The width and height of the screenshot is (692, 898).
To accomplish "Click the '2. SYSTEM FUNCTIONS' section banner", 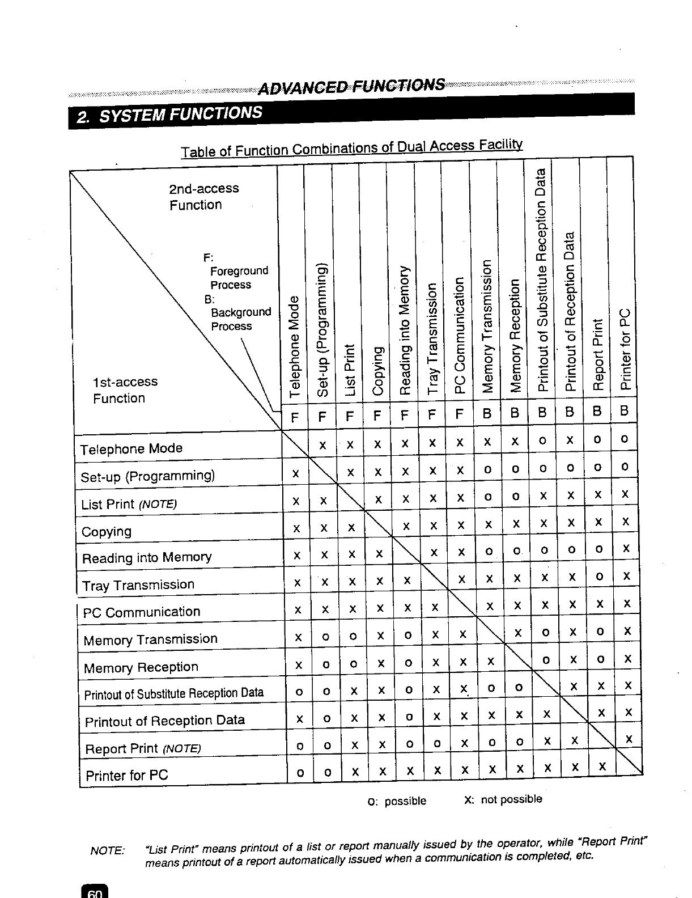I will click(170, 113).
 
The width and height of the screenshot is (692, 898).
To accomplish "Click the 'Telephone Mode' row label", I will click(131, 449).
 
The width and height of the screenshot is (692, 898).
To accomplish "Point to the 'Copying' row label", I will click(107, 532).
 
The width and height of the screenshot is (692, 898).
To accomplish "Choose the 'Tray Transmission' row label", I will click(138, 585).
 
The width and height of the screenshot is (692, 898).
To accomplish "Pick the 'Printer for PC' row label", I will click(126, 775).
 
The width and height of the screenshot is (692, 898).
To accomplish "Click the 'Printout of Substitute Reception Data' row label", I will click(174, 693).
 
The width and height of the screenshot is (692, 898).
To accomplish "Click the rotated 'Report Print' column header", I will click(597, 355).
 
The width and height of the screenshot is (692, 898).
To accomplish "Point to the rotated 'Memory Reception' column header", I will click(515, 336).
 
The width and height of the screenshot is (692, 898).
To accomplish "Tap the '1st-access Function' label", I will click(125, 390).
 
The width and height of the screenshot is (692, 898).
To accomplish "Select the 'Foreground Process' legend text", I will click(238, 278).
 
